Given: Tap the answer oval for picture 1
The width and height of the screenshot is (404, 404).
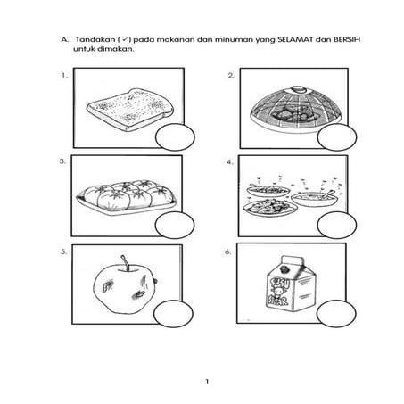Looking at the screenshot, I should (175, 138).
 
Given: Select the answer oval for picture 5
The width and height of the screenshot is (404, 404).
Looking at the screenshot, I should (175, 313).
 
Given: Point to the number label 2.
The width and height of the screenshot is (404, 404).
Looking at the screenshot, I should (231, 77).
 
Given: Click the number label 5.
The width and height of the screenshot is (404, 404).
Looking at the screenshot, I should (62, 252).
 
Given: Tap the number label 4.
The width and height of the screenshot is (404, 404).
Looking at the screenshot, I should (231, 163).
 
